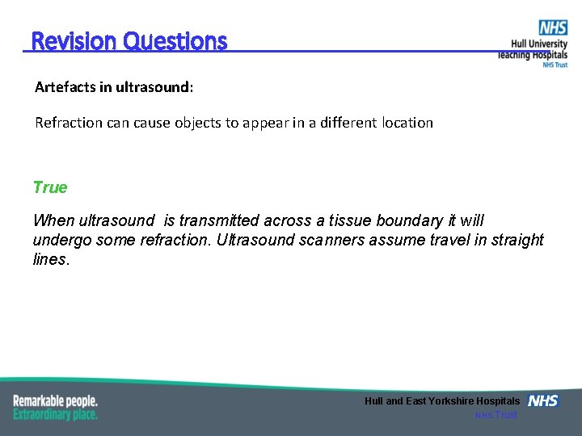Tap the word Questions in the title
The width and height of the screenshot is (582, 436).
(x=175, y=41)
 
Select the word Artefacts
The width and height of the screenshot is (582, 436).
(x=64, y=86)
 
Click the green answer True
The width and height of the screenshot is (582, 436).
(x=50, y=187)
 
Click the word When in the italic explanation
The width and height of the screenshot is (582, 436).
(x=51, y=220)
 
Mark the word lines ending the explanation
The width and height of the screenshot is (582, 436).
(x=50, y=260)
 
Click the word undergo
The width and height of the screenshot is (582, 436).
(x=61, y=240)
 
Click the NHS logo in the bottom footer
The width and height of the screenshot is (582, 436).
(x=543, y=400)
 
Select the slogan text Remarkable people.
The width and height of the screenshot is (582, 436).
(x=55, y=400)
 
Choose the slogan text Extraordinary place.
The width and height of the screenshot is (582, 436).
(x=55, y=414)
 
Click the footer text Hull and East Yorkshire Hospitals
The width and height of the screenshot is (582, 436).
(x=442, y=401)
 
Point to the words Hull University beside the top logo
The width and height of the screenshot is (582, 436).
(x=539, y=44)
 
